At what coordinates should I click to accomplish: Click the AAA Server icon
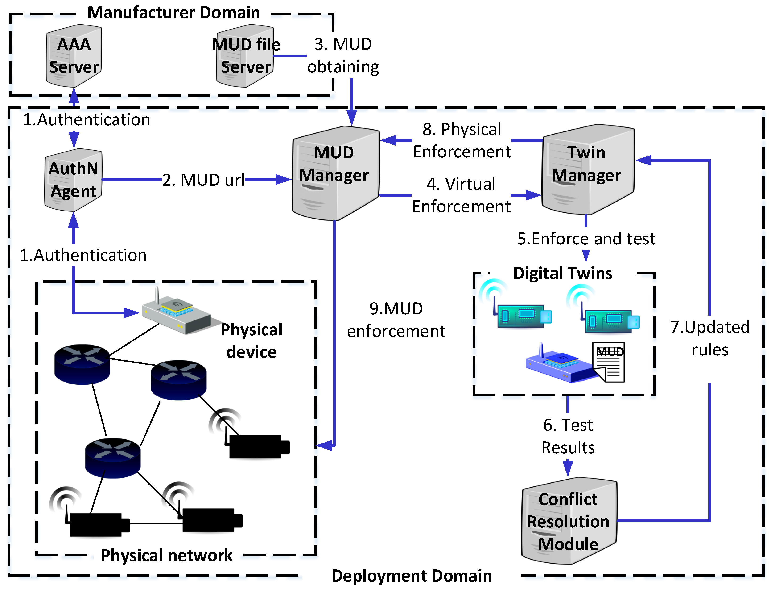click(x=74, y=55)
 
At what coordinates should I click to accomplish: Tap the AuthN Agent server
click(x=73, y=180)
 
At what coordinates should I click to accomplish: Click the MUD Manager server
click(x=336, y=173)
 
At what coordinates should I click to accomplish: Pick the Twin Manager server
click(x=588, y=169)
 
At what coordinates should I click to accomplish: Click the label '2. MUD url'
click(x=203, y=180)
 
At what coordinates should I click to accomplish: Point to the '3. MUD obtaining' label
click(x=343, y=55)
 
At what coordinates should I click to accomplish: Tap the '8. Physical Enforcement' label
click(x=462, y=140)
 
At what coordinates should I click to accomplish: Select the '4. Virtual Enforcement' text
click(x=461, y=195)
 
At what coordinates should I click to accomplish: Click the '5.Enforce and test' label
click(x=586, y=239)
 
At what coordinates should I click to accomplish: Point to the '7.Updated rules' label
click(x=710, y=338)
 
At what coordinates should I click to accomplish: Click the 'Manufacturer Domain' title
click(x=174, y=13)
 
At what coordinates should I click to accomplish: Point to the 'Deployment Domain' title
click(x=412, y=576)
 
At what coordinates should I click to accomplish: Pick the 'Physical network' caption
click(x=167, y=556)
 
